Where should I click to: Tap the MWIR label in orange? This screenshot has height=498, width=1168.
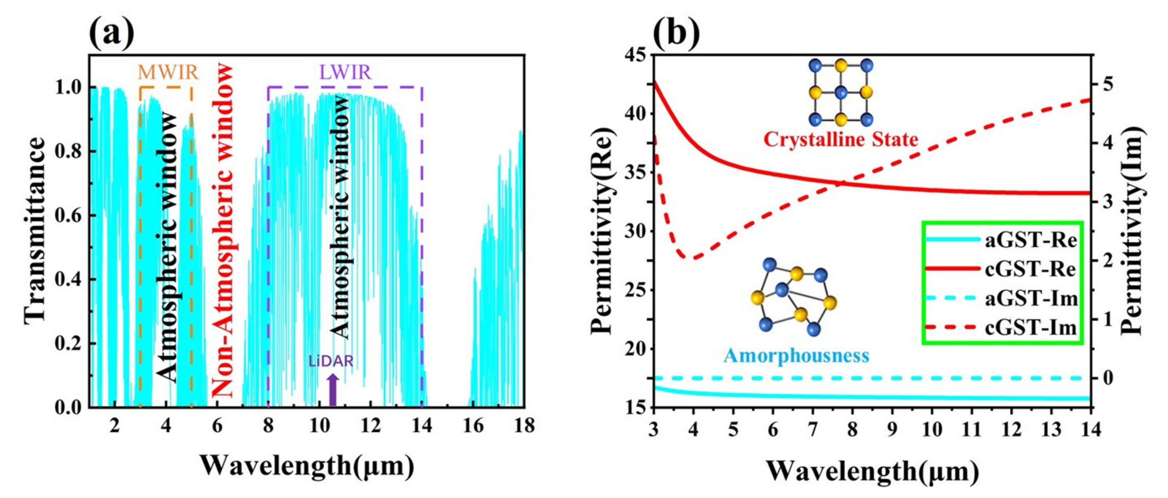tap(168, 72)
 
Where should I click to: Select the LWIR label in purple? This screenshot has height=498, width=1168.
tap(345, 72)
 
